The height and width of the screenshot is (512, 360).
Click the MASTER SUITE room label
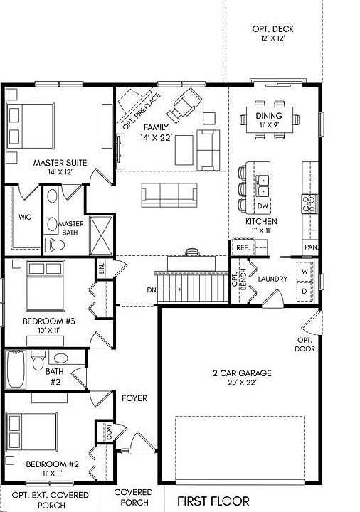point(60,163)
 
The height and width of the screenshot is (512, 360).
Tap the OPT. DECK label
point(272,29)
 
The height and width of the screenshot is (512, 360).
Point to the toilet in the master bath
point(58,244)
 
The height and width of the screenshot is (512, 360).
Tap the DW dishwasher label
point(262,206)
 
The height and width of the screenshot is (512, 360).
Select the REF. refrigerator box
point(243,247)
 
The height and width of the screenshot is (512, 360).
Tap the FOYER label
point(134,398)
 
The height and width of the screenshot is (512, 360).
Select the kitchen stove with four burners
point(309,205)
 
